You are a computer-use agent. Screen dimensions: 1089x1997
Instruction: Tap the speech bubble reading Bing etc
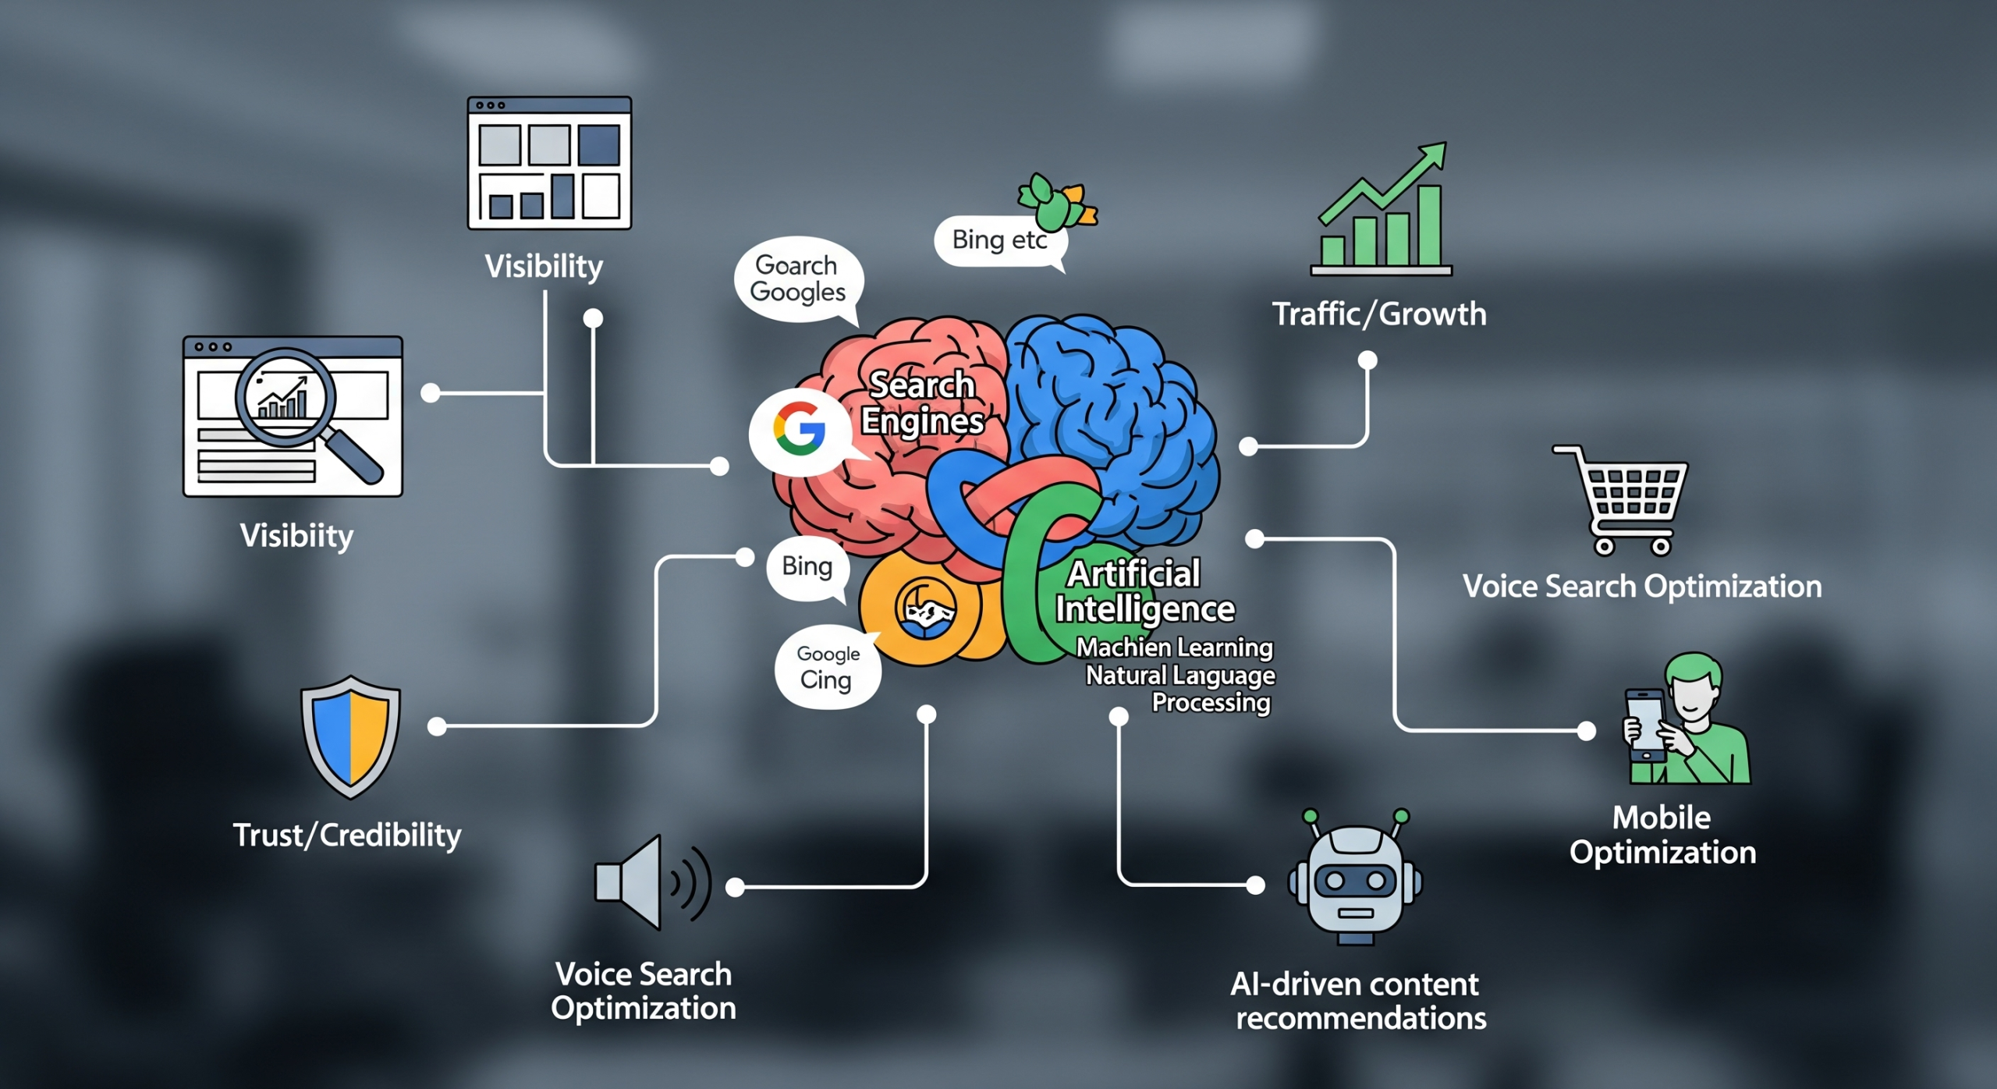tap(999, 239)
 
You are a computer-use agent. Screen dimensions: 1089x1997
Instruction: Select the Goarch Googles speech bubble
tap(797, 279)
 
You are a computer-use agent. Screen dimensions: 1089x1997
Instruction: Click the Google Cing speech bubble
tap(827, 668)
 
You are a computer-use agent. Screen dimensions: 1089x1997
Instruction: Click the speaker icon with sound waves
tap(651, 882)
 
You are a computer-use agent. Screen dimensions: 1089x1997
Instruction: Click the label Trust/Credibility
tap(347, 835)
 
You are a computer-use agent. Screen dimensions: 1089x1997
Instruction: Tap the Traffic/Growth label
tap(1379, 314)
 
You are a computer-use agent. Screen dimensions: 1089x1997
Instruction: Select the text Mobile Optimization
tap(1662, 835)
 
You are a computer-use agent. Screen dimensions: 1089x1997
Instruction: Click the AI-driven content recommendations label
tap(1357, 1001)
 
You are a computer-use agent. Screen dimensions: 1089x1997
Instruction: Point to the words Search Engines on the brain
tap(922, 403)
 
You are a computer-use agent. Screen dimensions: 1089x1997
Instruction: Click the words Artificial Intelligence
tap(1143, 591)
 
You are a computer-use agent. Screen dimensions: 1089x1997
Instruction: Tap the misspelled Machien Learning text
tap(1174, 647)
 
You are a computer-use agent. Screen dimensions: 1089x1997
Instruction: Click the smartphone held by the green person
tap(1644, 723)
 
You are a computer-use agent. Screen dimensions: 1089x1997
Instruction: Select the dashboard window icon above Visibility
tap(549, 163)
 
